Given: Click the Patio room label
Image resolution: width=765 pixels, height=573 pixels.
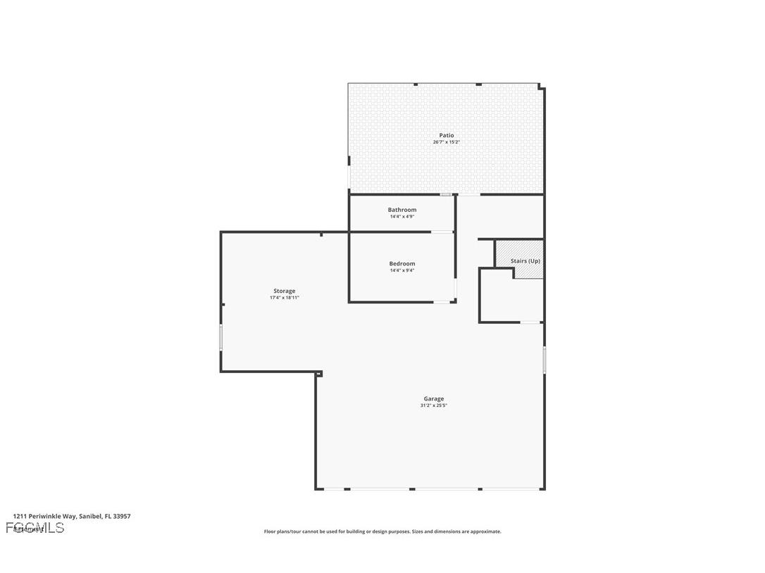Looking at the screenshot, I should click(447, 135).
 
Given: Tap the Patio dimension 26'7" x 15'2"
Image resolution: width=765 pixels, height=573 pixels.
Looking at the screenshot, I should click(447, 142).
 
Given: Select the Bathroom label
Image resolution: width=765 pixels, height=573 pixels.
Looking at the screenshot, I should click(402, 210).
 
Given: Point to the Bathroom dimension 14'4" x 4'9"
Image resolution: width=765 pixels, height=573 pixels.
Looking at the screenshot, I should click(402, 217).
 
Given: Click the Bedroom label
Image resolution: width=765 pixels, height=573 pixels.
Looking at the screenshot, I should click(402, 263).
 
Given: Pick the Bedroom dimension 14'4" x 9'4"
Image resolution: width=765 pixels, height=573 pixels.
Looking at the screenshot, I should click(402, 270).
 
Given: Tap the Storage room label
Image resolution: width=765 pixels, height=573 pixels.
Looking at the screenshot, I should click(285, 291).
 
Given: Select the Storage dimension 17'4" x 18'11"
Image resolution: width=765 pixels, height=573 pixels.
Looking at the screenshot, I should click(285, 298).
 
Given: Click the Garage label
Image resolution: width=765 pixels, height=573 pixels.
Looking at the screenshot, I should click(434, 398).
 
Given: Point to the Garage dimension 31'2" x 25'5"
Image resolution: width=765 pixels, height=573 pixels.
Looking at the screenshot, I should click(434, 405).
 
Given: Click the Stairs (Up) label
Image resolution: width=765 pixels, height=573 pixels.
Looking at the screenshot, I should click(525, 260).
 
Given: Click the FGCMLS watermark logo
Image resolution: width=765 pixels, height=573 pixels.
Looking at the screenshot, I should click(35, 528).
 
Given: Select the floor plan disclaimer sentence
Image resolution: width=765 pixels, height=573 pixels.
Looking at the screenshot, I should click(382, 531).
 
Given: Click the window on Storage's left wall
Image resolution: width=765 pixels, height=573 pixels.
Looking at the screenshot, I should click(221, 337).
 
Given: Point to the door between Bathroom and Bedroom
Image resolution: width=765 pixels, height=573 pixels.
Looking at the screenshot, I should click(442, 232).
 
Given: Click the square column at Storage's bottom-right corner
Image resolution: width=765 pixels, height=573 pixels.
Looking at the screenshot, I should click(318, 374).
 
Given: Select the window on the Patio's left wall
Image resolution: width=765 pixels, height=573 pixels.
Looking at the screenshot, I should click(349, 176).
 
